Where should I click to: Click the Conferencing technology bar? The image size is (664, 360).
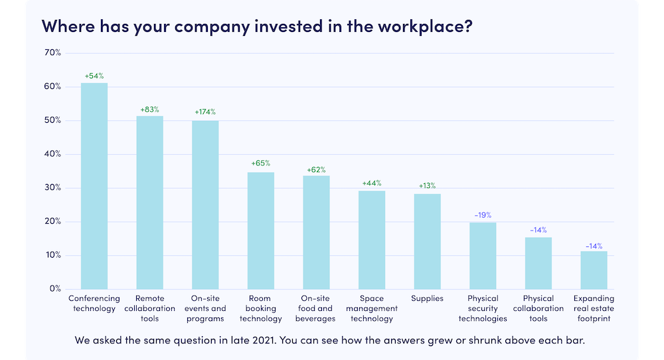tap(94, 186)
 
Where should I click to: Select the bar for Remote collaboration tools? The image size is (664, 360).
tap(149, 203)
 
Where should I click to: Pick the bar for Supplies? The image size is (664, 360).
tap(427, 241)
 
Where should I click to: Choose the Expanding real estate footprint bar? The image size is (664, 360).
tap(594, 270)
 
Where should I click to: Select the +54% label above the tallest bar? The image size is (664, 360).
tap(94, 76)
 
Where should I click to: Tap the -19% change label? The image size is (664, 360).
tap(483, 215)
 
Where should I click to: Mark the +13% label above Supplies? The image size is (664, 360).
tap(427, 186)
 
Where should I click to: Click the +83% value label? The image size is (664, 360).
tap(149, 110)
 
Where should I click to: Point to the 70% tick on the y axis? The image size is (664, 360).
tap(52, 52)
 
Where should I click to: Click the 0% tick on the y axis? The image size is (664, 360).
tap(55, 289)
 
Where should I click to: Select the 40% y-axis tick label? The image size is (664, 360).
tap(52, 154)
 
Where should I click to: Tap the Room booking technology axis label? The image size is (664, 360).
tap(261, 308)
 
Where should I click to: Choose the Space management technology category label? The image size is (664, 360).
tap(372, 308)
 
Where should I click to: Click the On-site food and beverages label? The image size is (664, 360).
tap(316, 308)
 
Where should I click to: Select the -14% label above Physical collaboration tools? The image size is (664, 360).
tap(538, 230)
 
